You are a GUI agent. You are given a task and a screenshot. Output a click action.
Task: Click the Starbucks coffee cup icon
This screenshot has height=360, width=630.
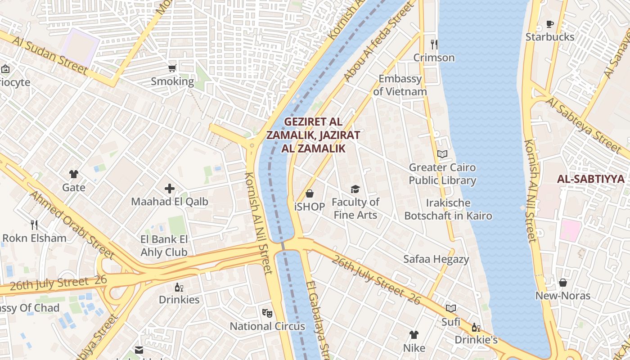[x=549, y=24]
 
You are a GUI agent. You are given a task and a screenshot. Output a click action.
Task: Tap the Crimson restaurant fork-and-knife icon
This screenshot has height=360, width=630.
[x=434, y=44]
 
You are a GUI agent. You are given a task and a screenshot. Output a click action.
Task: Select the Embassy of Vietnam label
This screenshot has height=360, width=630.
[x=400, y=85]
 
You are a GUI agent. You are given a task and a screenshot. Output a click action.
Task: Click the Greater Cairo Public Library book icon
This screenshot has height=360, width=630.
[x=442, y=154]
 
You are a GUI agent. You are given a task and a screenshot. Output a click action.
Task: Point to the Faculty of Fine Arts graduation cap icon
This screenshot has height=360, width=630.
[x=355, y=189]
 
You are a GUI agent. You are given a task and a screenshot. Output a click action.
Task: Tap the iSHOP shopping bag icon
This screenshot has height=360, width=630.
[x=310, y=193]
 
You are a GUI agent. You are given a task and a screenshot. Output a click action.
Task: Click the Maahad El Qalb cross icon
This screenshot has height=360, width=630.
[x=170, y=189]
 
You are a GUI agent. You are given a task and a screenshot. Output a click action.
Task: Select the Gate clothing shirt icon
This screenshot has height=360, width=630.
[x=74, y=174]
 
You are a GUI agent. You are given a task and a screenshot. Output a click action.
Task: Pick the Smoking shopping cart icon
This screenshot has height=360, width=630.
[x=172, y=68]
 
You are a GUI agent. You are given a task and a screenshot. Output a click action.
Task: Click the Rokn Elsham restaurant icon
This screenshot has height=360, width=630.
[x=34, y=225]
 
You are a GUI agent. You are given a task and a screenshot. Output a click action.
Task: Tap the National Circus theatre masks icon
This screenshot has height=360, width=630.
[x=267, y=312]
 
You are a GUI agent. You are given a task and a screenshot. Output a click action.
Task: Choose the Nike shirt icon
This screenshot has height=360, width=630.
[x=414, y=335]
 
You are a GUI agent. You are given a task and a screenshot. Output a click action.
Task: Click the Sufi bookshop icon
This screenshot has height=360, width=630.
[x=451, y=308]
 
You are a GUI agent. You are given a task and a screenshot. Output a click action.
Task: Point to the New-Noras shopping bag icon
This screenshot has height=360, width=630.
[x=562, y=283]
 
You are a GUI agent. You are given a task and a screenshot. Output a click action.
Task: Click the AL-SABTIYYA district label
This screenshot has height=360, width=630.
[x=591, y=179]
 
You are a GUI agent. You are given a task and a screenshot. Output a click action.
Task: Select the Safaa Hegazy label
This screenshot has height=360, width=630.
[x=436, y=259]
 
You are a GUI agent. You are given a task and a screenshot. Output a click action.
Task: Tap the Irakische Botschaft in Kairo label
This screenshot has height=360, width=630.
[x=448, y=209]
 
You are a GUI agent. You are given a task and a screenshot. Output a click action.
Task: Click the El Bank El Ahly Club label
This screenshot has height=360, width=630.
[x=164, y=246]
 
